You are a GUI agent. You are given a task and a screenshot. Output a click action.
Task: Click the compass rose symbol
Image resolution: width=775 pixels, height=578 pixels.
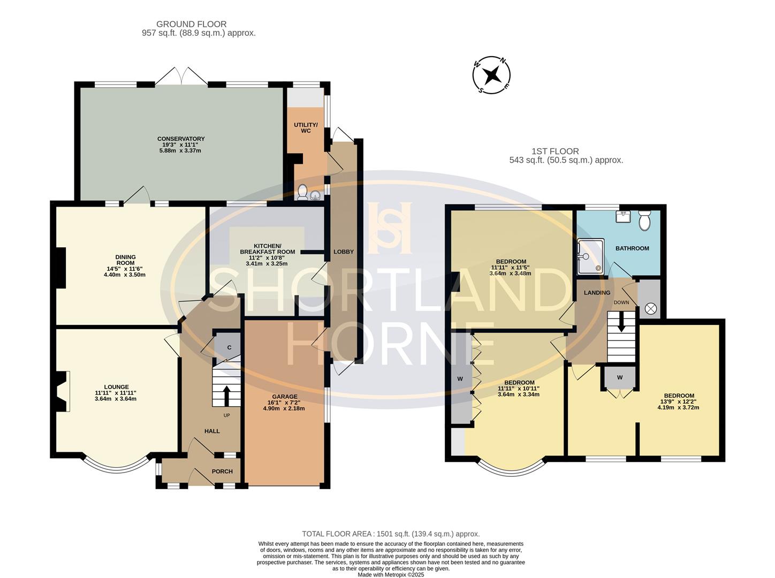pos(491,74)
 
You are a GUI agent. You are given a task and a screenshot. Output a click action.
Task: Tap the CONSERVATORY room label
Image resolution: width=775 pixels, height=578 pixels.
pos(181,139)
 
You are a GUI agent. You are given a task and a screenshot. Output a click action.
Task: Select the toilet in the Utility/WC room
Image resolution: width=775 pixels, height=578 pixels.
pos(302,192)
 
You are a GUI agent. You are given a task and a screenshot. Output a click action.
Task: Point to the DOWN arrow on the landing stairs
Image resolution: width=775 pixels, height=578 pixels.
pos(621,323)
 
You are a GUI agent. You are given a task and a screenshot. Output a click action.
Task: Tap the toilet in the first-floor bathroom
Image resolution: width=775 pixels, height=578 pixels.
pos(644,220)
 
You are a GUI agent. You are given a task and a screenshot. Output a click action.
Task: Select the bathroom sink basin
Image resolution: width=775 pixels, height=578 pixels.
pos(623,216)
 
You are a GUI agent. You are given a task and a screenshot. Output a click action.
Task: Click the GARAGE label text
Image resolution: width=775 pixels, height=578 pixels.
pos(284,397)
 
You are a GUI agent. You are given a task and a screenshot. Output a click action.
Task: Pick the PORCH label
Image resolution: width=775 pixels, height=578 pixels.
pos(222,471)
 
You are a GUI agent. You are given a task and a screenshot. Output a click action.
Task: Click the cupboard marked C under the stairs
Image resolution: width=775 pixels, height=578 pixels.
pos(229,348)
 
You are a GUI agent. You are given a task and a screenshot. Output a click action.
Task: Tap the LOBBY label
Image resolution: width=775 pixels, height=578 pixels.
pos(343,252)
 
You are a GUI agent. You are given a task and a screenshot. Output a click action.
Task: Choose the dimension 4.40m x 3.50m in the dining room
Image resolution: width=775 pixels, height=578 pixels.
pos(125,275)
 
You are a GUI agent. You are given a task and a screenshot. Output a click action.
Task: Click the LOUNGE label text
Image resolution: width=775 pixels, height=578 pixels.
pos(116,387)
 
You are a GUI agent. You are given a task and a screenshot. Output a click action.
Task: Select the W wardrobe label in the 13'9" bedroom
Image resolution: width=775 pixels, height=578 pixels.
pos(620,377)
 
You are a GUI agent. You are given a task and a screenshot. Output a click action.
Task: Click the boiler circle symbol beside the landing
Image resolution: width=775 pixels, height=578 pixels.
pos(651,308)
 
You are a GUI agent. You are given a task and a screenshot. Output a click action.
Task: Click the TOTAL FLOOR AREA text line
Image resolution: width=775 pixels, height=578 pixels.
pos(391,534)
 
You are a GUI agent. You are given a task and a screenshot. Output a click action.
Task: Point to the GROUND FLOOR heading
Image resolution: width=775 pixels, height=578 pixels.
pos(191,24)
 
